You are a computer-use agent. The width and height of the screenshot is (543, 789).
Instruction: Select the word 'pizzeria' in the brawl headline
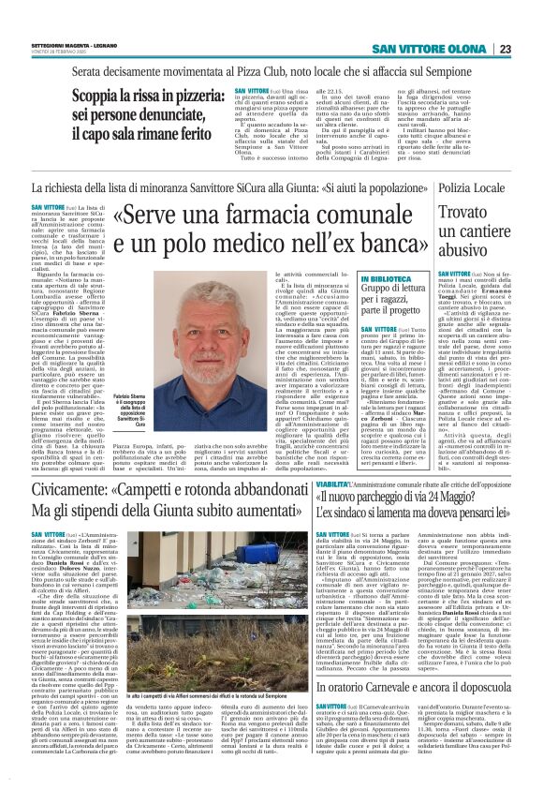point(170,97)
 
